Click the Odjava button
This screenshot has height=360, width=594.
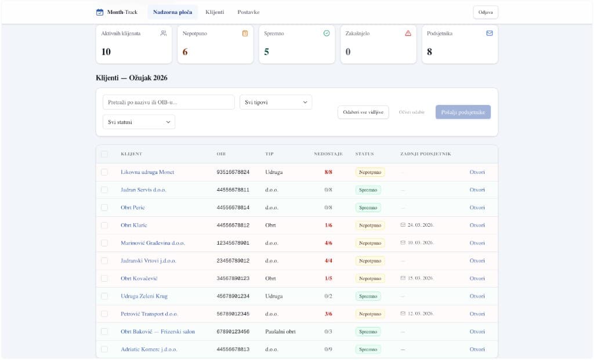pyautogui.click(x=486, y=12)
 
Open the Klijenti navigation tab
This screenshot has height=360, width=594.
pyautogui.click(x=215, y=12)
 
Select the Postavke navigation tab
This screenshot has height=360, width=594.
pyautogui.click(x=248, y=12)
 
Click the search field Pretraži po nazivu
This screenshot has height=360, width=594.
pyautogui.click(x=168, y=102)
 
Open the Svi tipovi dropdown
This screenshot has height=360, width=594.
pyautogui.click(x=276, y=102)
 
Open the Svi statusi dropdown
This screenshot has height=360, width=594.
pyautogui.click(x=138, y=122)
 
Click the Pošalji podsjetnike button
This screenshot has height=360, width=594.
pyautogui.click(x=463, y=112)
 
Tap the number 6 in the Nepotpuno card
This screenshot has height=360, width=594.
pyautogui.click(x=185, y=52)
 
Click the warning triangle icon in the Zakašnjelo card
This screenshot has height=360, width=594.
pyautogui.click(x=408, y=33)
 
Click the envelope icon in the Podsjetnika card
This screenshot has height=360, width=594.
pyautogui.click(x=489, y=33)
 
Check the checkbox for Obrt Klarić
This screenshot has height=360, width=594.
pyautogui.click(x=104, y=225)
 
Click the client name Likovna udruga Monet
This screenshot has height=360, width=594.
pyautogui.click(x=147, y=172)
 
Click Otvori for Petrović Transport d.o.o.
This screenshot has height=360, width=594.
pyautogui.click(x=477, y=314)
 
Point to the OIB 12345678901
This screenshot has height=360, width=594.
pyautogui.click(x=233, y=243)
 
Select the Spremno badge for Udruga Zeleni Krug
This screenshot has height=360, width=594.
pyautogui.click(x=368, y=296)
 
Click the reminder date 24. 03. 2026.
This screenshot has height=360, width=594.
pyautogui.click(x=420, y=225)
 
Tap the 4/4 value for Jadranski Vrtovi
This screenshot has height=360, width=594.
pyautogui.click(x=328, y=261)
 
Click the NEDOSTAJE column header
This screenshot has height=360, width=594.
pyautogui.click(x=328, y=154)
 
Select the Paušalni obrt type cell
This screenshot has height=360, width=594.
pyautogui.click(x=280, y=332)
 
